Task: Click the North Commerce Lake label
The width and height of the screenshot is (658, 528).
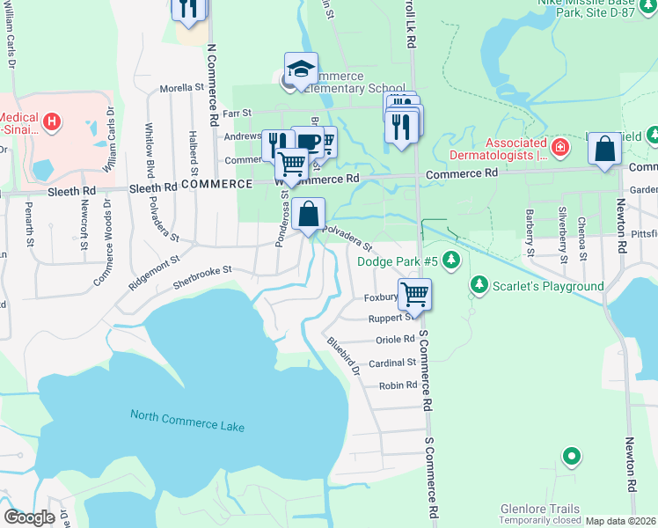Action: (x=187, y=420)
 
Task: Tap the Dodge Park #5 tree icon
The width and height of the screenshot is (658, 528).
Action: (x=451, y=260)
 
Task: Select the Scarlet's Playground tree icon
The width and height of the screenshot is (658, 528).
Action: (x=479, y=285)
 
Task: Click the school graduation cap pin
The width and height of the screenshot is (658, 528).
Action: (x=300, y=70)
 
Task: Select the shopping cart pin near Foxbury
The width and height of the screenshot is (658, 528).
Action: (x=413, y=295)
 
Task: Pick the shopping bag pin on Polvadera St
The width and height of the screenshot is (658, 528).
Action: (x=309, y=214)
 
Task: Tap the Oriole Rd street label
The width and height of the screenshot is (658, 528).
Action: (x=396, y=339)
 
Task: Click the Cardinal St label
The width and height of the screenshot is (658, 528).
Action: (x=392, y=363)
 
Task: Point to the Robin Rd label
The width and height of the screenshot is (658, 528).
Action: (x=398, y=385)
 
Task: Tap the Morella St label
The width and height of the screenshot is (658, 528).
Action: (x=181, y=89)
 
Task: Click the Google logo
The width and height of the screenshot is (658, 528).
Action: (x=29, y=517)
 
